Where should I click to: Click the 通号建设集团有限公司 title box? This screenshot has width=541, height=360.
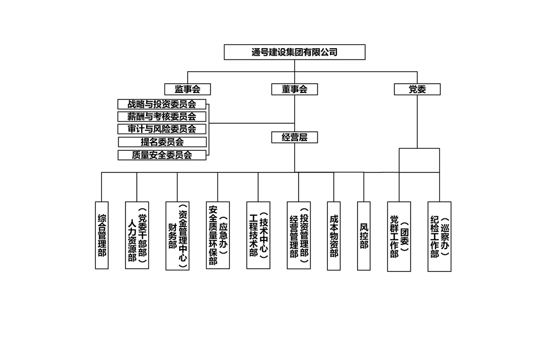click(294, 52)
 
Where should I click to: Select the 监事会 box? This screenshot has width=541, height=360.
click(187, 89)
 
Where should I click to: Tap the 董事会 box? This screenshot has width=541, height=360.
click(294, 89)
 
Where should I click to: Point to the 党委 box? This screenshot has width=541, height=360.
click(417, 89)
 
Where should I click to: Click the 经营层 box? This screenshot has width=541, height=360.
click(294, 137)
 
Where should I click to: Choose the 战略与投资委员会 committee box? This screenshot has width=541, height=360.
click(162, 104)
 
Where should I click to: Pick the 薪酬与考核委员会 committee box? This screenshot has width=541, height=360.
click(162, 116)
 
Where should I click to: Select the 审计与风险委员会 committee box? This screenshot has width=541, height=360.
click(162, 129)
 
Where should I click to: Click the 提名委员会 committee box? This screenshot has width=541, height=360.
click(162, 142)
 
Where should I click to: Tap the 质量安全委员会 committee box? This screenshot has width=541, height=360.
click(162, 155)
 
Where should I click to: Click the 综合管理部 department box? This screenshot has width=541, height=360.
click(102, 235)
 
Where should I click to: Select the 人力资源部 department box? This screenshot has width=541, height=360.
click(137, 235)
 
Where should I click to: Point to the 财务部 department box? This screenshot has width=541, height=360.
click(177, 236)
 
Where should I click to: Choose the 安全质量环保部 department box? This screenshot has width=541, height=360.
click(217, 235)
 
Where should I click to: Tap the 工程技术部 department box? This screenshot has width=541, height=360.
click(259, 235)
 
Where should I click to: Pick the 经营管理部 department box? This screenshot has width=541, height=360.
click(299, 235)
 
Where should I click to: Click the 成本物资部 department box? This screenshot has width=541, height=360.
click(334, 236)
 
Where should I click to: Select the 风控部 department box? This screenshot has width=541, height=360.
click(364, 236)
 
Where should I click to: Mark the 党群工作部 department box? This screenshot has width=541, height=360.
click(399, 237)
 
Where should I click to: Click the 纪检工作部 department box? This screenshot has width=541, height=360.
click(439, 237)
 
